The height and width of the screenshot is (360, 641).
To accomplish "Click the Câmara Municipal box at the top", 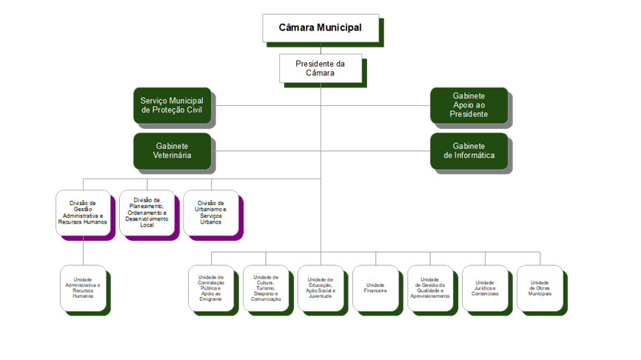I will point(320,27).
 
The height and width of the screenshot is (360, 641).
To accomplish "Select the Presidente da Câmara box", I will point(320,68).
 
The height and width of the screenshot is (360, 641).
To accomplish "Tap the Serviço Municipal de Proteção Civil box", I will point(172,105).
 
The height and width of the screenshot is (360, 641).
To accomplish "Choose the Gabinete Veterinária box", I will point(172,151).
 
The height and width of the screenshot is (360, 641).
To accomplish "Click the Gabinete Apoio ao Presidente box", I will point(469,105).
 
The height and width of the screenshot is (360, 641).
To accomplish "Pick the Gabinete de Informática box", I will point(469,150).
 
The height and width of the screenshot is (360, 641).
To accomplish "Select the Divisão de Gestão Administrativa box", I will point(83,213).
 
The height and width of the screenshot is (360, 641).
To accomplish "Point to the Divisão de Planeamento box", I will point(147,213).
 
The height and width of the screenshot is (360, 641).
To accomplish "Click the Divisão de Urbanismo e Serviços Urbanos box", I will point(211,213).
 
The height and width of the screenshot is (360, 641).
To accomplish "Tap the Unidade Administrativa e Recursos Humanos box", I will point(83,288).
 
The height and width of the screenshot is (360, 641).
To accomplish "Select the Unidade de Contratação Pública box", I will point(211,288).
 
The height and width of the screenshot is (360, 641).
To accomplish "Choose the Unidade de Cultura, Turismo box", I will point(266,288).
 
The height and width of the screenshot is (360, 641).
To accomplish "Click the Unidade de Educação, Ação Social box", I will point(320,288).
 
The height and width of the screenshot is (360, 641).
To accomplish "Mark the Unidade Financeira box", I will point(375,288).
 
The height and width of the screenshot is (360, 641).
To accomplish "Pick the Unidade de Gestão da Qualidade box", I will point(430,288).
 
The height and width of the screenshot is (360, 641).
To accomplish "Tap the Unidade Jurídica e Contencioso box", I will point(485,288).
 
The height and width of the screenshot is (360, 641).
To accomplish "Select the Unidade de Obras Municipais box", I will point(540,288).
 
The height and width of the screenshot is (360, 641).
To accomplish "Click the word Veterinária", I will point(172,156).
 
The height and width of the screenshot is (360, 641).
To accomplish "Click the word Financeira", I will point(375,291).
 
